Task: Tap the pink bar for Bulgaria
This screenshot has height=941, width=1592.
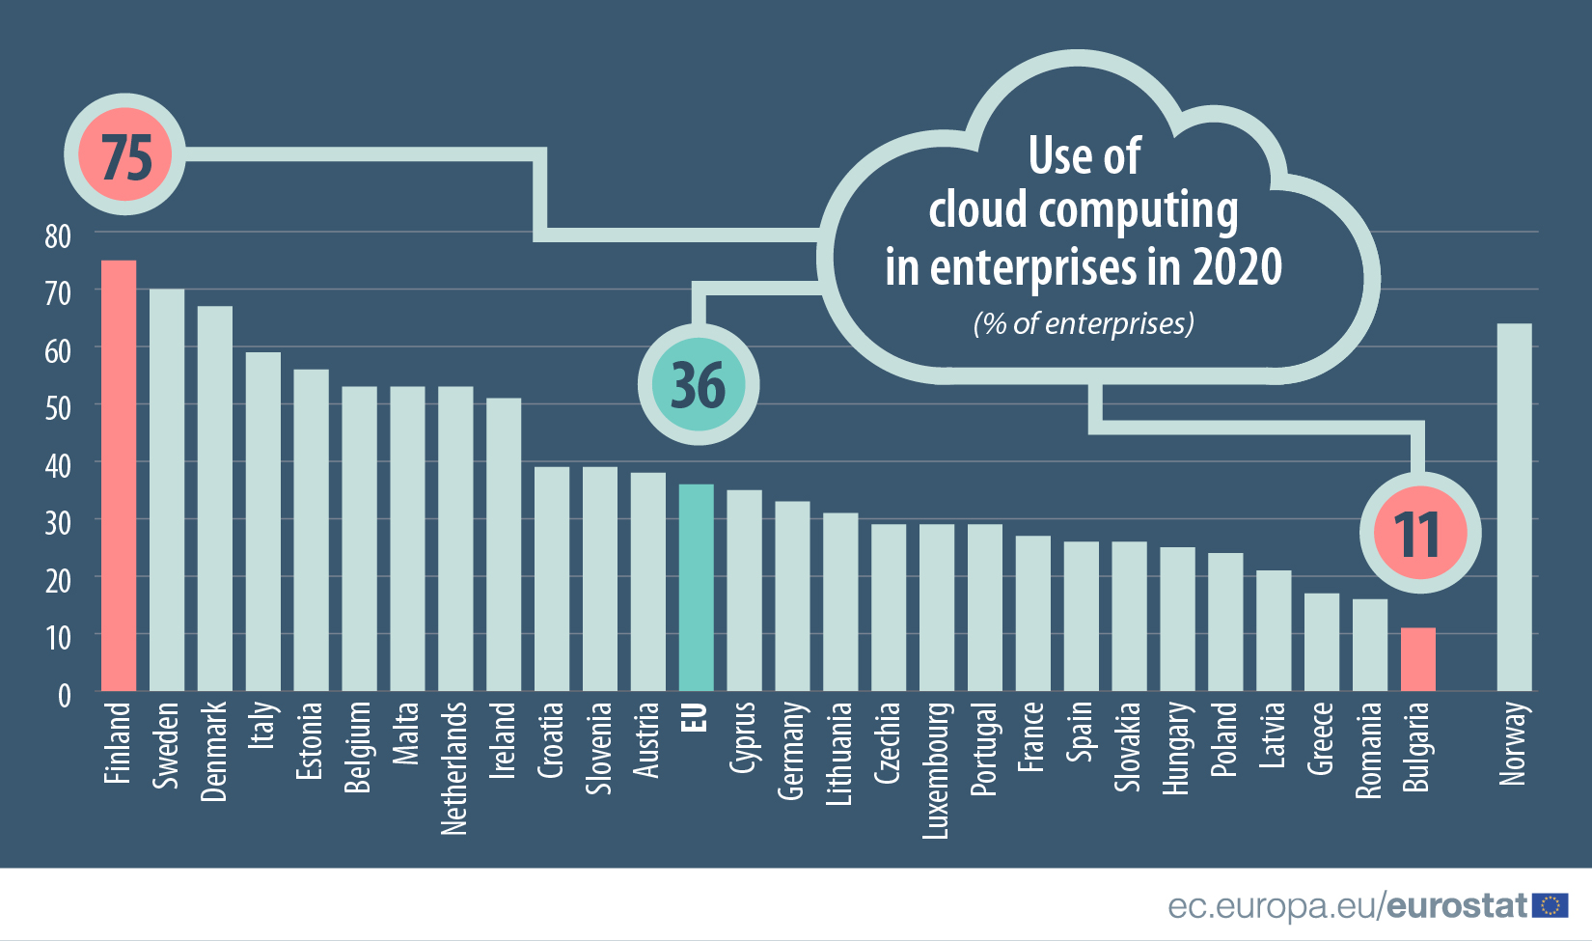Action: click(x=1417, y=659)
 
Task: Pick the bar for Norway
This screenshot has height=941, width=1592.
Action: click(x=1514, y=507)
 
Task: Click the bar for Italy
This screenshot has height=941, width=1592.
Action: click(x=262, y=521)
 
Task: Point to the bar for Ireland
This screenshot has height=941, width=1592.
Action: click(x=504, y=544)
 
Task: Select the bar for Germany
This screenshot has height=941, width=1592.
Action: click(x=792, y=595)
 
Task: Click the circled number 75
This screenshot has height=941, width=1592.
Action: click(x=125, y=155)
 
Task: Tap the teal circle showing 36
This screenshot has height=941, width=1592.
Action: click(x=698, y=385)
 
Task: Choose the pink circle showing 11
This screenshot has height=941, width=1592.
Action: click(x=1418, y=534)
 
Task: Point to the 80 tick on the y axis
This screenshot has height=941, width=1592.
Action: click(x=58, y=235)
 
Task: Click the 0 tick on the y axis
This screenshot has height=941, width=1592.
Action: click(x=64, y=695)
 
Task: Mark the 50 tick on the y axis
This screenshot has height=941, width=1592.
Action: click(x=58, y=408)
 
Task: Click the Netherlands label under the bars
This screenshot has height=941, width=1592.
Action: click(x=454, y=767)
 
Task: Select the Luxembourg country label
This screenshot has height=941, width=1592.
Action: click(x=936, y=770)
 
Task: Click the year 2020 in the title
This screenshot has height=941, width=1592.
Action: click(x=1237, y=267)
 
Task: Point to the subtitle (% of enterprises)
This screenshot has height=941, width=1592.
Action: click(x=1084, y=323)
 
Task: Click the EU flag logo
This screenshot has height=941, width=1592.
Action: click(x=1551, y=905)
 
